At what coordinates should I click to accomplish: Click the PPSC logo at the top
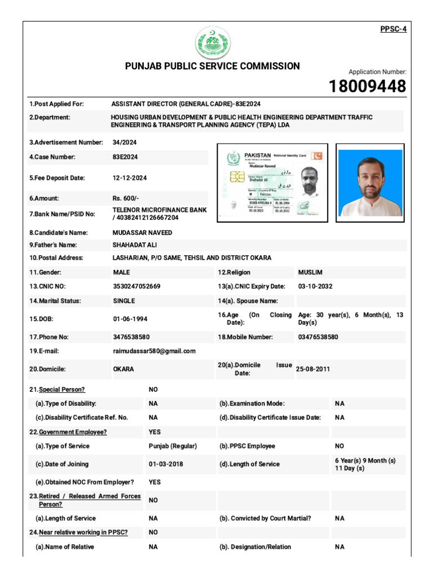213,43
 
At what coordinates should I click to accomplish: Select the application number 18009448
368,86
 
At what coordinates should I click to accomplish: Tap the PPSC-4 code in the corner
394,29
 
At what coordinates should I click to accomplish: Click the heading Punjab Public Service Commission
212,66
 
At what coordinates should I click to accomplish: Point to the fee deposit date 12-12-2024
130,178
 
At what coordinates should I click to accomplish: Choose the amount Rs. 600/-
125,198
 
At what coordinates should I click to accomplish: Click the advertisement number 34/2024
125,143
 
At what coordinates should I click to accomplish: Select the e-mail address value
154,351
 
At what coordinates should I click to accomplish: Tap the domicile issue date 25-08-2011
313,369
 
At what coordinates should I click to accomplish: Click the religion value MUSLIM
310,272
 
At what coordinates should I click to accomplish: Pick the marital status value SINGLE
124,301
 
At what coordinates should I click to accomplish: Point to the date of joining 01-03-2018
166,464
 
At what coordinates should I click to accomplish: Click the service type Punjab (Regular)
173,446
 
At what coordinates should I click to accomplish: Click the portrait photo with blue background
370,183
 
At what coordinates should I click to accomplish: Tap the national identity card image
274,183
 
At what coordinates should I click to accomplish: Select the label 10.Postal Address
56,258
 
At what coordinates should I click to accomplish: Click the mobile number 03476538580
318,337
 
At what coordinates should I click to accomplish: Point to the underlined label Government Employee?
73,432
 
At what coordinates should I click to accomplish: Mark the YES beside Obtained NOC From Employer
154,482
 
